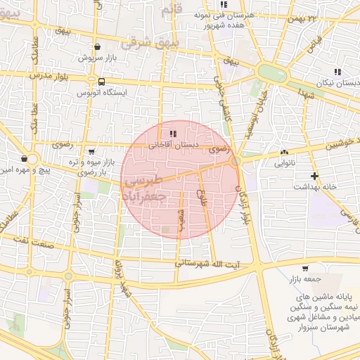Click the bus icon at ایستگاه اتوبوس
point(102,82)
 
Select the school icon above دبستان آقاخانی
point(173,134)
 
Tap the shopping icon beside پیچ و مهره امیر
point(25,157)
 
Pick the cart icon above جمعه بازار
point(304,268)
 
